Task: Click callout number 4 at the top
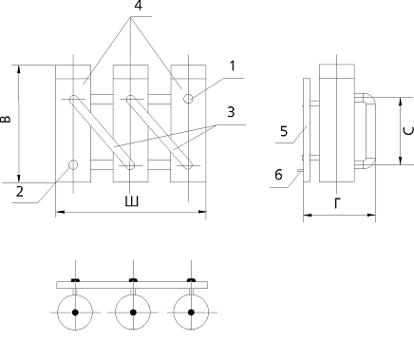[139, 6]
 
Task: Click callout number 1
[233, 66]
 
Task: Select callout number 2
[20, 192]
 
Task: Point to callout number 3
[231, 112]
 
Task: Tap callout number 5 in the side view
[284, 131]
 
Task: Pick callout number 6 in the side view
[278, 175]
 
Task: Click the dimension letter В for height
[6, 119]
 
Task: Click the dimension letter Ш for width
[132, 201]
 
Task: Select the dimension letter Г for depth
[338, 203]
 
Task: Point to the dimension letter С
[408, 131]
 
